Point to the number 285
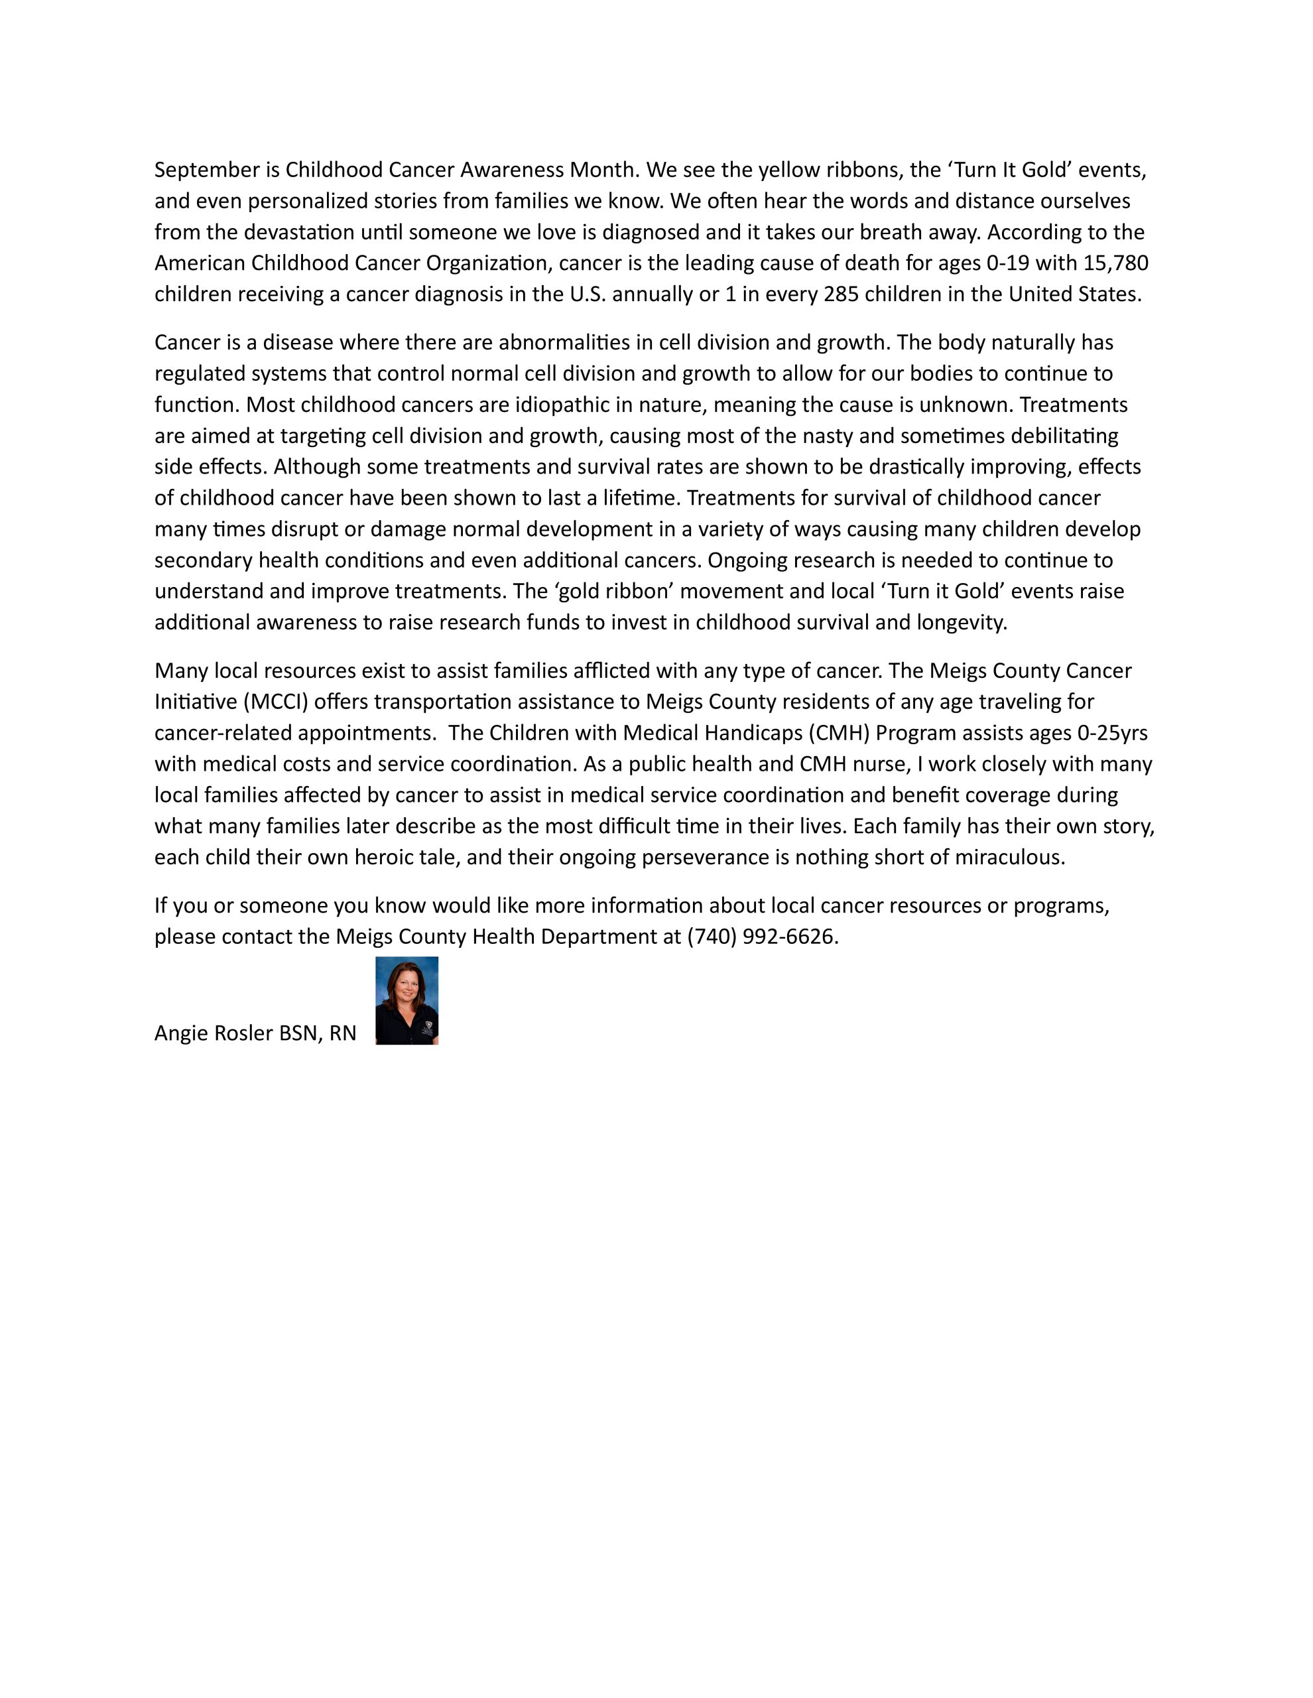(840, 294)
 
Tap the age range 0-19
(1007, 263)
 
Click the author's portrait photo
(406, 1001)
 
